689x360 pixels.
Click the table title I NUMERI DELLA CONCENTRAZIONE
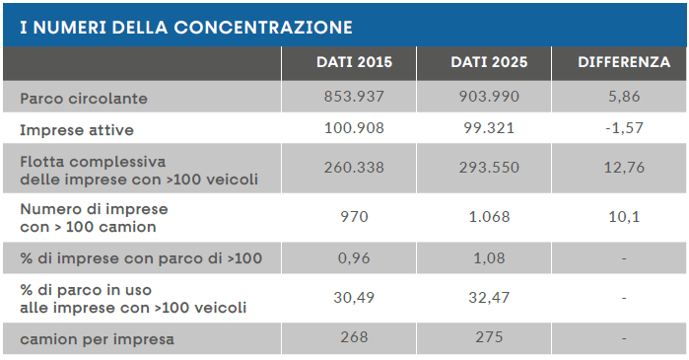coord(186,28)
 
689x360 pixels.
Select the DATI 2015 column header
coord(354,62)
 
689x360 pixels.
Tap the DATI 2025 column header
coord(489,62)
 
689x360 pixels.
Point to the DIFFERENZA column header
coord(624,62)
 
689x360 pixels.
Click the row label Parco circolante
coord(84,99)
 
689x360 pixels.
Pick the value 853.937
coord(354,97)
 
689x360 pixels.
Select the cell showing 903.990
coord(489,97)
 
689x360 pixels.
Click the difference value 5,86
coord(624,97)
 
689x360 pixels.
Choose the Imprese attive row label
coord(77,130)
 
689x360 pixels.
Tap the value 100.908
coord(354,128)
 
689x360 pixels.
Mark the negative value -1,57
coord(624,128)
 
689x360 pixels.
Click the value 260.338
coord(354,168)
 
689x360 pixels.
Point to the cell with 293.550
coord(489,168)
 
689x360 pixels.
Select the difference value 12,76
coord(624,168)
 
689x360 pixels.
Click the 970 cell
coord(354,217)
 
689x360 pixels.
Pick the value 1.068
coord(489,217)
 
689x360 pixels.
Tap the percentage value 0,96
coord(354,258)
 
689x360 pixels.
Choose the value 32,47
coord(489,298)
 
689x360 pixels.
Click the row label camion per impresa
coord(97,339)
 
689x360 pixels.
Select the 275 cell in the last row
coord(489,337)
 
